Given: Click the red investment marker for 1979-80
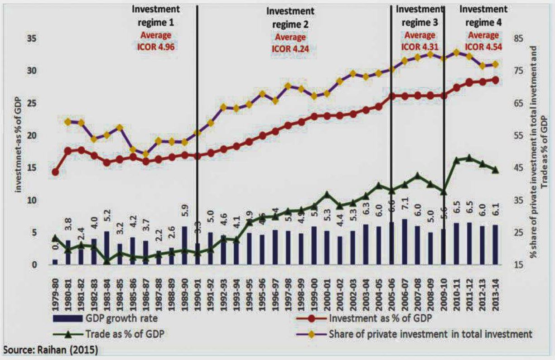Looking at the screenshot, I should tap(55, 172).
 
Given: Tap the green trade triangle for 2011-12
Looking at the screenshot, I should tap(469, 158).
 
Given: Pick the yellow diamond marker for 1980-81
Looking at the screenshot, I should tap(68, 121).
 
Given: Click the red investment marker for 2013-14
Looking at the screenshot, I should tap(495, 80).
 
